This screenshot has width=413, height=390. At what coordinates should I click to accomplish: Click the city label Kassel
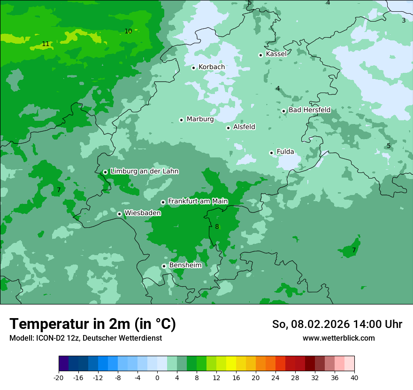[x=276, y=54]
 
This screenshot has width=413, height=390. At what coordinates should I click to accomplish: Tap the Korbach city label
[x=212, y=67]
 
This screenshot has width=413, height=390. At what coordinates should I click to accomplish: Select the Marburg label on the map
[x=200, y=119]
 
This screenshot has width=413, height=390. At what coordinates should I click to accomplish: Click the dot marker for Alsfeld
[x=228, y=128]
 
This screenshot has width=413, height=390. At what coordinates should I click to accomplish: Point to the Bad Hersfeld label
[x=309, y=110]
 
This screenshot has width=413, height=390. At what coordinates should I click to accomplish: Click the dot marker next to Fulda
[x=271, y=153]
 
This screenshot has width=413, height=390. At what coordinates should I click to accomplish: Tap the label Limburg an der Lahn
[x=144, y=172]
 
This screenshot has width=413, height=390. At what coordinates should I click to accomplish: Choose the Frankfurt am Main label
[x=198, y=202]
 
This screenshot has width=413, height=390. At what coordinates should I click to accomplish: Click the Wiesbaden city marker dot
[x=120, y=214]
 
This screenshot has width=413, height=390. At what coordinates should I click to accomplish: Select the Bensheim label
[x=185, y=265]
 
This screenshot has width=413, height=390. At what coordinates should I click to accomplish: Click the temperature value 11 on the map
[x=46, y=44]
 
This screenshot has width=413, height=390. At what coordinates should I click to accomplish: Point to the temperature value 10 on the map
[x=128, y=31]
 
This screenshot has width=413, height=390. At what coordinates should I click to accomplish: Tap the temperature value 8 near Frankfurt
[x=217, y=227]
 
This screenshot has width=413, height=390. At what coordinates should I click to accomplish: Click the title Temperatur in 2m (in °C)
[x=92, y=324]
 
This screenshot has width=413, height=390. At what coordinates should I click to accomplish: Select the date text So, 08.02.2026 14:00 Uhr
[x=337, y=324]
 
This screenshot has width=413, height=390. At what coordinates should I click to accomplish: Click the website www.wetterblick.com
[x=338, y=338]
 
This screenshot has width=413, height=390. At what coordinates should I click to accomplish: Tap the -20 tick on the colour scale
[x=59, y=377]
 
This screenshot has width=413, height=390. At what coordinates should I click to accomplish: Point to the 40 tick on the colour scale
[x=354, y=377]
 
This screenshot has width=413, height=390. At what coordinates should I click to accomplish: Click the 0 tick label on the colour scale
[x=157, y=377]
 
